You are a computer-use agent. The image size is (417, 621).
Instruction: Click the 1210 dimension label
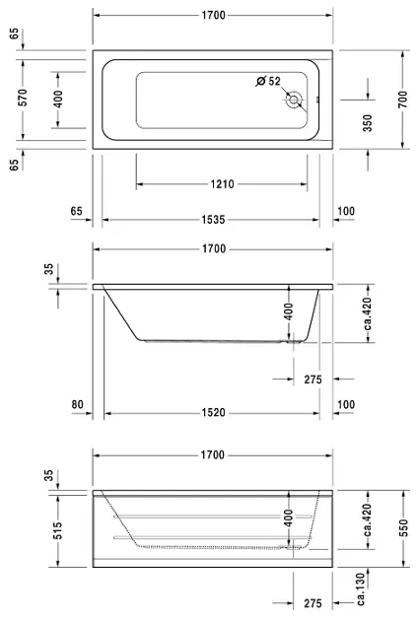point(222,184)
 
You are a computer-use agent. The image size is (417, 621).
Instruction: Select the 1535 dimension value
point(214,220)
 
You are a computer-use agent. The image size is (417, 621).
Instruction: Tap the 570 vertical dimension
point(24,98)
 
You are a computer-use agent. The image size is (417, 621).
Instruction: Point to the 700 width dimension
point(403,100)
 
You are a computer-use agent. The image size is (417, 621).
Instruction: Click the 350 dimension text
point(368,123)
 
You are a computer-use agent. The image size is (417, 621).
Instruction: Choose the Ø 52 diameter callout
point(268,81)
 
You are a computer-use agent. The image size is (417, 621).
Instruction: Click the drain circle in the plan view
point(294,100)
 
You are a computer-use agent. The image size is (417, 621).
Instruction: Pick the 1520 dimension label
point(214,413)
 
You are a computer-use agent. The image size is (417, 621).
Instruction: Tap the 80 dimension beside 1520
point(77,404)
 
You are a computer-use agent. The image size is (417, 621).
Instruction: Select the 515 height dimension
point(58,530)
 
